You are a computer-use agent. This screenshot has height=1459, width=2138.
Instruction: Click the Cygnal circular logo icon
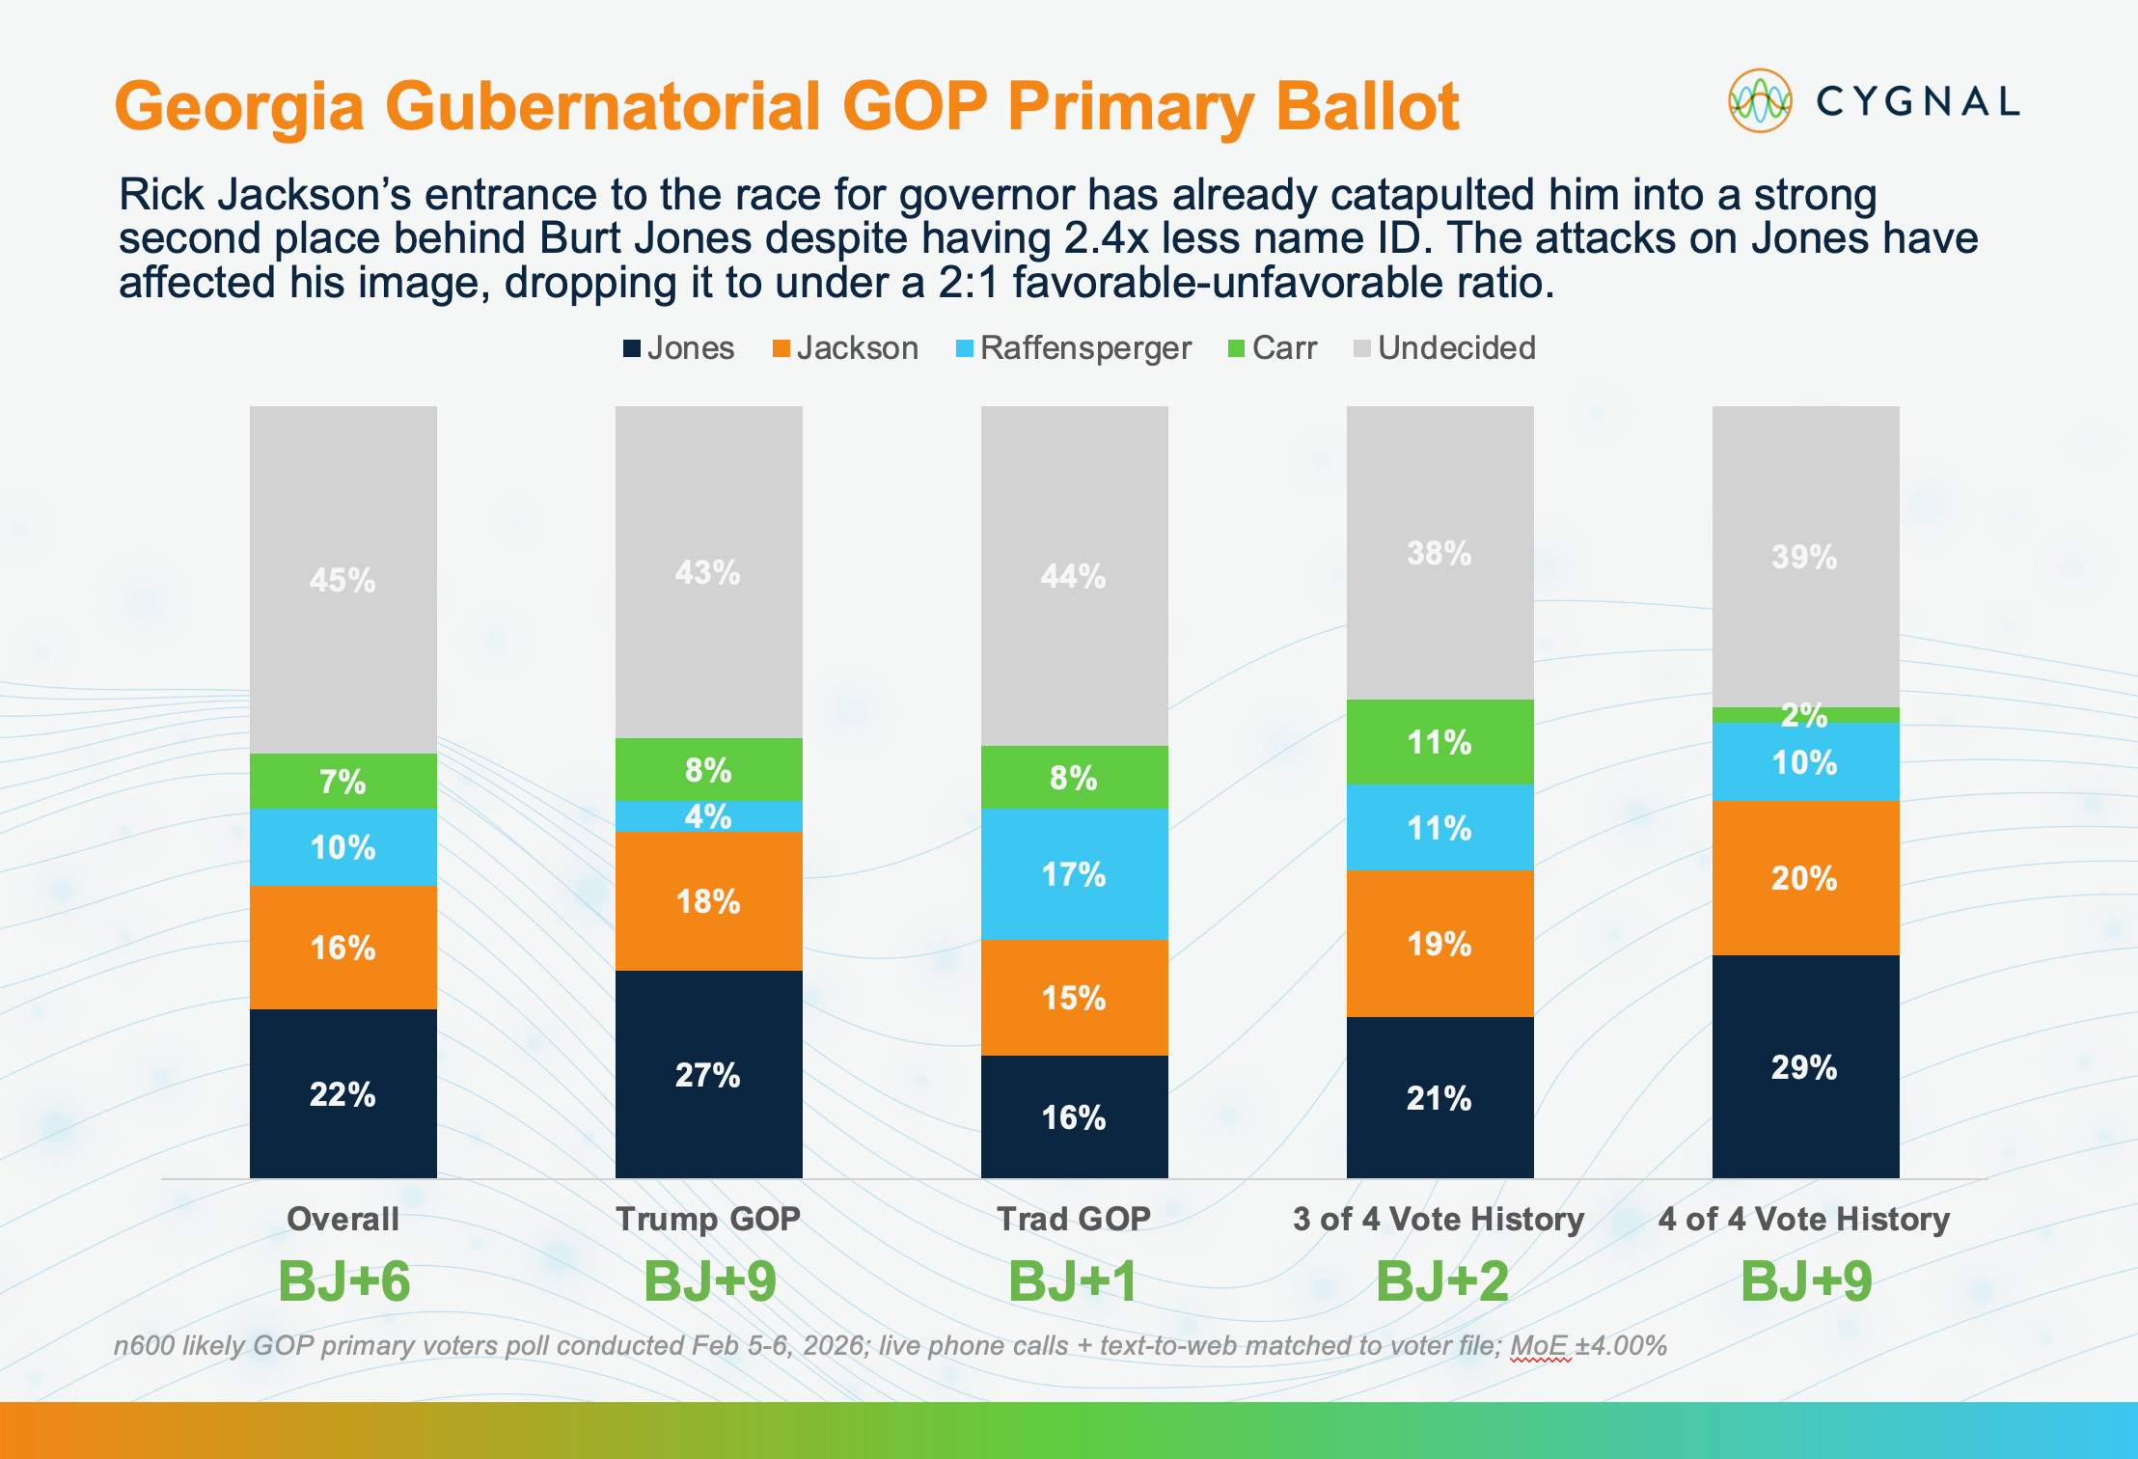coord(1760,100)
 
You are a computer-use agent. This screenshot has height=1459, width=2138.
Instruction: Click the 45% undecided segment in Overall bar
coord(343,579)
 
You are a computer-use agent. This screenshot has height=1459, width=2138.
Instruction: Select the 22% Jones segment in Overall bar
coord(343,1094)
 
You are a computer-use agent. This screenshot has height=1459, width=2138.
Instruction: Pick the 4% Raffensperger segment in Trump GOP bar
coord(708,816)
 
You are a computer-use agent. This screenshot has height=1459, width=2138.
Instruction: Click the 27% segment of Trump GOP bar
coord(708,1075)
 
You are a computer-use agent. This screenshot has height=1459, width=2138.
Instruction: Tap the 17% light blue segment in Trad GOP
coord(1074,874)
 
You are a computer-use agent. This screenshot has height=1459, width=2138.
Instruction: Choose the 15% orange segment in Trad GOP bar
coord(1074,998)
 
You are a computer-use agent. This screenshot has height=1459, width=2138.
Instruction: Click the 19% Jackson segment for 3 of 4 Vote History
coord(1439,944)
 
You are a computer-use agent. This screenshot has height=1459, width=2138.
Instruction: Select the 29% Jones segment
coord(1805,1067)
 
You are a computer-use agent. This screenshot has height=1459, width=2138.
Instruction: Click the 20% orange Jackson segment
coord(1805,878)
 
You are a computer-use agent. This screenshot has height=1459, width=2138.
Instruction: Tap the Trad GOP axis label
coord(1074,1219)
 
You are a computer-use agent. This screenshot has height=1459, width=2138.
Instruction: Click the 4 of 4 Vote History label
coord(1804,1219)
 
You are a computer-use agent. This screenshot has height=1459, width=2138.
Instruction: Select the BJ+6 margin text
coord(343,1281)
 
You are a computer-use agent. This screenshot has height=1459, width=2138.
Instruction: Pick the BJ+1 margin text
coord(1074,1281)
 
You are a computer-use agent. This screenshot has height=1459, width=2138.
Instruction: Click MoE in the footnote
coord(1540,1345)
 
